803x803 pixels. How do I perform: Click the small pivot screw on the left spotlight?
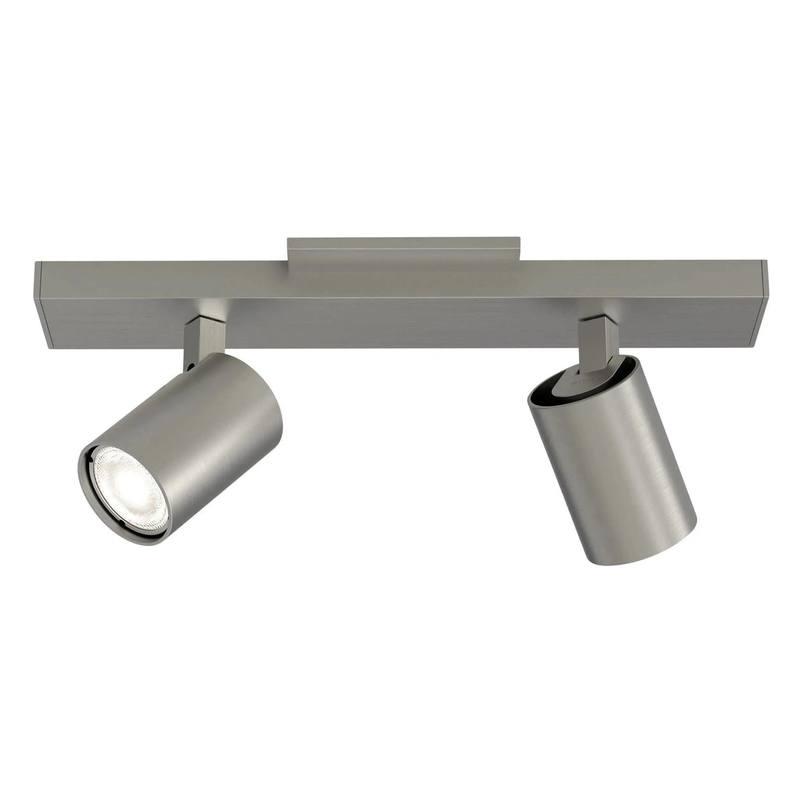pos(191,367)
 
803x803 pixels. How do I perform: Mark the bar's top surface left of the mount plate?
pos(167,272)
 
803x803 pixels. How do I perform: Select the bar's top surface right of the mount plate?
pos(636,272)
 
